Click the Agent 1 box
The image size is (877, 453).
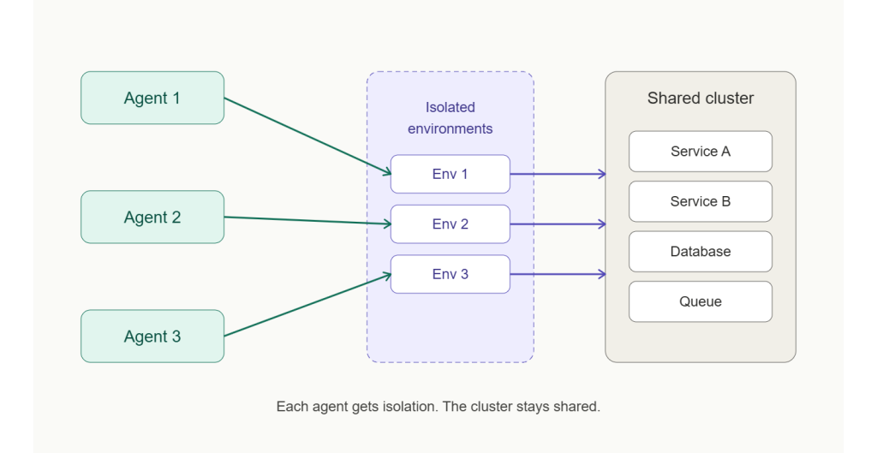152,98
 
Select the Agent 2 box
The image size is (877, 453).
152,217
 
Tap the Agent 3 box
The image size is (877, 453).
152,336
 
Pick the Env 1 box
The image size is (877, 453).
450,174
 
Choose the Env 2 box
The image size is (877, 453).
450,224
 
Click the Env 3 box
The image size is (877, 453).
450,274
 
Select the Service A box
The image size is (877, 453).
700,152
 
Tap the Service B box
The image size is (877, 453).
700,201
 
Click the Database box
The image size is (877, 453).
700,252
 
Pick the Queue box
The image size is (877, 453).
700,301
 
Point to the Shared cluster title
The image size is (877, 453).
700,98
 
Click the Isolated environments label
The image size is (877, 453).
450,118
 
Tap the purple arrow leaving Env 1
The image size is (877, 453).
558,174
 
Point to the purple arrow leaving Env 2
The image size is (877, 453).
558,224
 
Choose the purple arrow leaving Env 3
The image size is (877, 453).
558,274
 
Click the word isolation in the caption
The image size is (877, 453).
410,407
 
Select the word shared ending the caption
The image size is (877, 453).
578,407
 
